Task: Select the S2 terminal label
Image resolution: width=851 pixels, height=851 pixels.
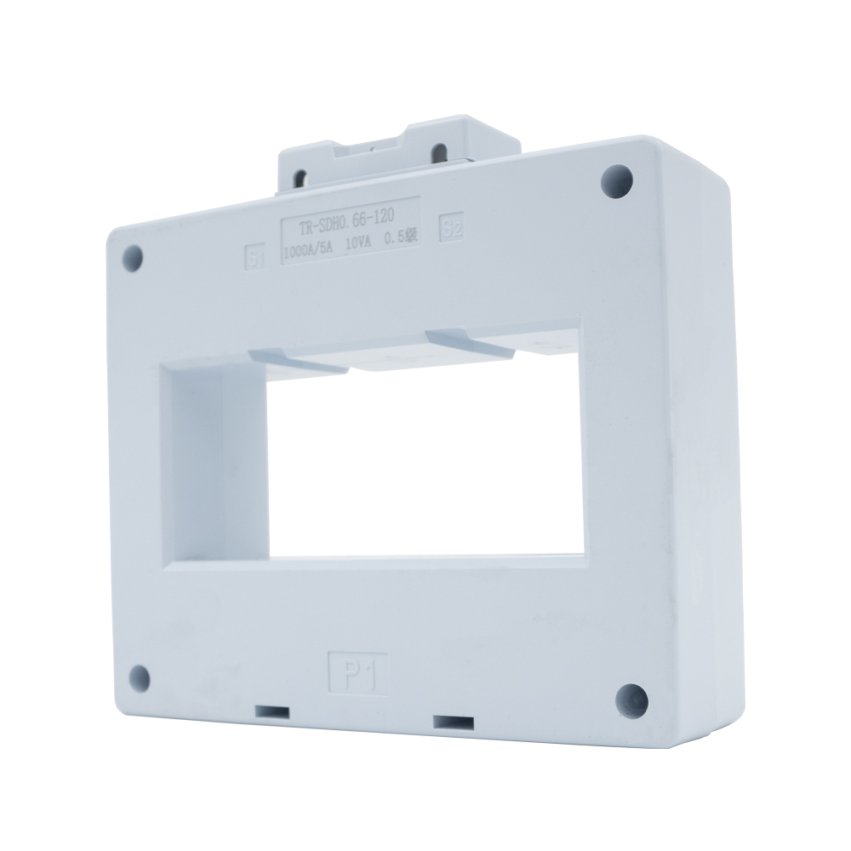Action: click(x=450, y=227)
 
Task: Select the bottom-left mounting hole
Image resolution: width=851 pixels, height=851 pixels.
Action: click(x=139, y=677)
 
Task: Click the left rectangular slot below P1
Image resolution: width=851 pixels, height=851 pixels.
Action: click(x=272, y=711)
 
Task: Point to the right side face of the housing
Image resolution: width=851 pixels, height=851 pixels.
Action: click(x=706, y=425)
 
